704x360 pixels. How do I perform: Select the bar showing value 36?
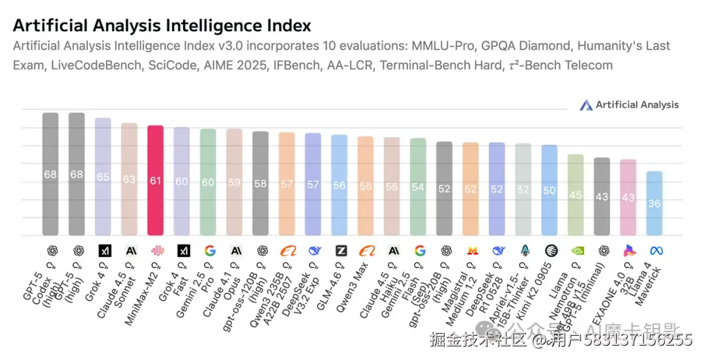point(654,203)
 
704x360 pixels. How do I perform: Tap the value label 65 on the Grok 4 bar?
point(103,177)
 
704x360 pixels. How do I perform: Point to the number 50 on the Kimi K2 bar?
point(550,190)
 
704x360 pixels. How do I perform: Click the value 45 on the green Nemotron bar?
point(576,194)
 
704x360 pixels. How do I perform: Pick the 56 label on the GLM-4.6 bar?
point(339,185)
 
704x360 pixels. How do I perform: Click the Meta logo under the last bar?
point(655,250)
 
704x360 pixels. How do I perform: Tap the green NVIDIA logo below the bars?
point(576,250)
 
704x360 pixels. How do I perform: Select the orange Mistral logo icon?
point(471,250)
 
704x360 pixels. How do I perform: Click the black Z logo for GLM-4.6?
point(340,250)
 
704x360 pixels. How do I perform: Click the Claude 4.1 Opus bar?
point(234,182)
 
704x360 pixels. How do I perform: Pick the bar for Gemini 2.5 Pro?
point(208,182)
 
